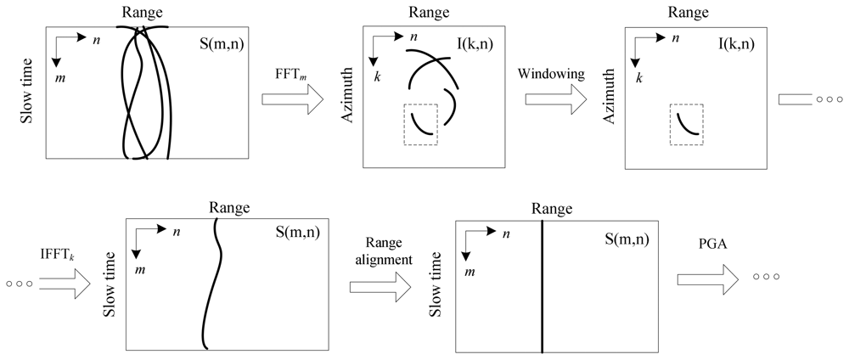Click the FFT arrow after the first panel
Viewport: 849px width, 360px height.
[292, 99]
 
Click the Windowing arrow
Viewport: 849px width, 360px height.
[555, 99]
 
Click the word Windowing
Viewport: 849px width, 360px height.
[551, 74]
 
